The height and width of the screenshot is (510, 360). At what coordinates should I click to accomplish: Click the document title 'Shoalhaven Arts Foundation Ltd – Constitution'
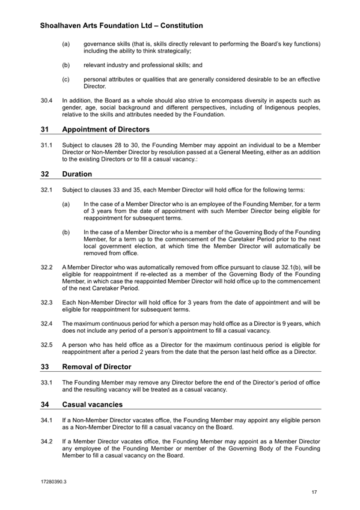121,26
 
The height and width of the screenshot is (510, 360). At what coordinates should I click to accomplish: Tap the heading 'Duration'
76,174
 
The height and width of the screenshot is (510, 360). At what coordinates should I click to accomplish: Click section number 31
44,129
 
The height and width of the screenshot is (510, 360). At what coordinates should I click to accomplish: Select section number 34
44,405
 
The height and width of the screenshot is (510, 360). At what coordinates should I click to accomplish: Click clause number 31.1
46,145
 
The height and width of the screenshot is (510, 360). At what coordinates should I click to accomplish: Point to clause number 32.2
46,266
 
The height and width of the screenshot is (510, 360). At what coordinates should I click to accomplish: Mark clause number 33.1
46,382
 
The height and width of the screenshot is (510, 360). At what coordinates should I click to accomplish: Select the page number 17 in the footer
314,493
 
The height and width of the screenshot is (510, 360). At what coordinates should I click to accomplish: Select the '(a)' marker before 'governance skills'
66,44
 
